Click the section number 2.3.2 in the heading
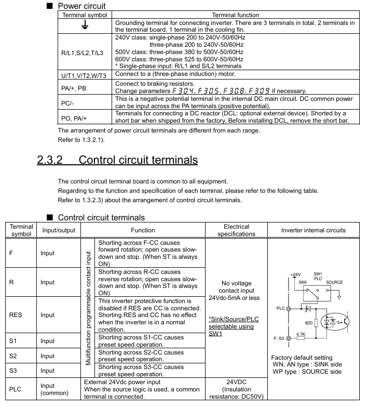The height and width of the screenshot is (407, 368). pos(50,160)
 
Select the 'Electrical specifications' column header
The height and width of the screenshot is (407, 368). pos(236,230)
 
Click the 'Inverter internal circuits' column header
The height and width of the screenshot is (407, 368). pos(313,230)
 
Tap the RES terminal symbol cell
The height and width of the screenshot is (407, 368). pos(17,314)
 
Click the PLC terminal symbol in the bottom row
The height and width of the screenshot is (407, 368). pos(17,389)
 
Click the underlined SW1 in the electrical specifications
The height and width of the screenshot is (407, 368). pos(215,333)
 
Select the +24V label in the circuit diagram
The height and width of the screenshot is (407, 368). pos(295,274)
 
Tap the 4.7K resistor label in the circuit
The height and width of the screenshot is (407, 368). pos(300,334)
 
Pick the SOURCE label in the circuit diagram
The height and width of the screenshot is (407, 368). pos(334,282)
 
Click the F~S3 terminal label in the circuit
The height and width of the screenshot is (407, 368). pos(279,338)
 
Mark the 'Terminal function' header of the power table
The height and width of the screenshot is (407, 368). pos(235,15)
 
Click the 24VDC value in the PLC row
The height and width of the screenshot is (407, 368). pos(236,381)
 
